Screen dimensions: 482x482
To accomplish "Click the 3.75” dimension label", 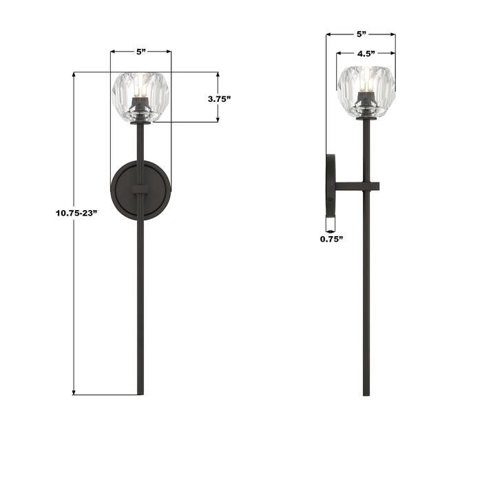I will coord(219,98).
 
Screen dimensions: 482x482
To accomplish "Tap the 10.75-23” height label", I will coord(75,213).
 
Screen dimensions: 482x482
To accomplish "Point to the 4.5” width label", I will coord(366,54).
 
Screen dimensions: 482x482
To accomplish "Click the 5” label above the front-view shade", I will coord(141,52).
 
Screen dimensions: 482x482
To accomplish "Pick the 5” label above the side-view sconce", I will coord(361,34).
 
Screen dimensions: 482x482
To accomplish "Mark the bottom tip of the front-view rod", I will coord(141,393).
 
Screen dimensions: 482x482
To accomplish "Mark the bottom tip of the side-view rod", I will coord(366,395).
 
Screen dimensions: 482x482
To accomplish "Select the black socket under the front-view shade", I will coord(141,110).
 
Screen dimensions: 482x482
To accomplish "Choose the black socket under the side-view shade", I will coord(366,111).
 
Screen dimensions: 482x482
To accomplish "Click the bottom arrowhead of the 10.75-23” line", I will coord(74,392).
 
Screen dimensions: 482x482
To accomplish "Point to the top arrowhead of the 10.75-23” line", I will coord(74,75).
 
